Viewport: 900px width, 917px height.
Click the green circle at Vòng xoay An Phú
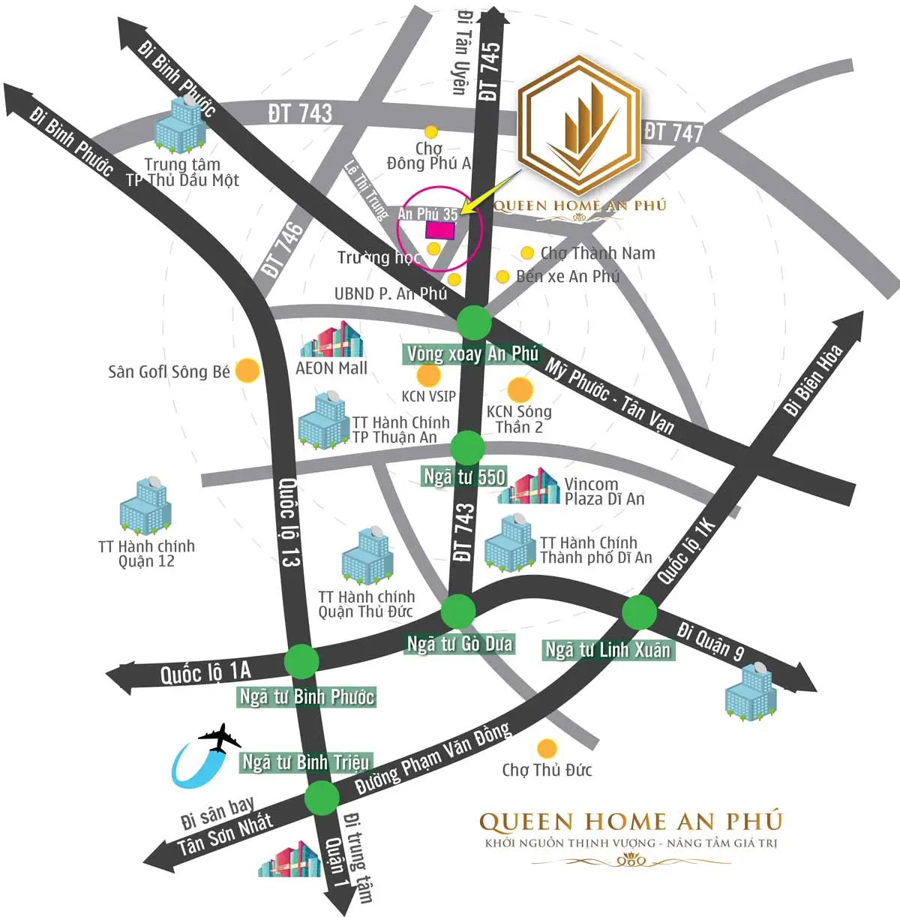tap(475, 323)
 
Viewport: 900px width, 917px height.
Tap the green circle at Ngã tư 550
tap(467, 447)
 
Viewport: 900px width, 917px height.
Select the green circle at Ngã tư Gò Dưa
tap(457, 612)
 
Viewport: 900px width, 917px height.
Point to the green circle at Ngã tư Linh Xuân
tap(639, 612)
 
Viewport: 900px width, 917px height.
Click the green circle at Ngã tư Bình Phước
tap(301, 661)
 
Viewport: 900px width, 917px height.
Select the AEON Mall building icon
tap(331, 341)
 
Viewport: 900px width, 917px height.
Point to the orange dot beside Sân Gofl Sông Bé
tap(247, 371)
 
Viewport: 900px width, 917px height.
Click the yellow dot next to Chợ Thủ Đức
tap(547, 748)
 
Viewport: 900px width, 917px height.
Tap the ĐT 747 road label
tap(673, 132)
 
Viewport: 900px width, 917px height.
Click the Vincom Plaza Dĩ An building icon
tap(529, 488)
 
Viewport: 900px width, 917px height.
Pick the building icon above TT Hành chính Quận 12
tap(145, 506)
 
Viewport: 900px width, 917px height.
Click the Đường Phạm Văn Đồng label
tap(433, 759)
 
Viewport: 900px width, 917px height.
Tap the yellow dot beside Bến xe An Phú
tap(502, 277)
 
